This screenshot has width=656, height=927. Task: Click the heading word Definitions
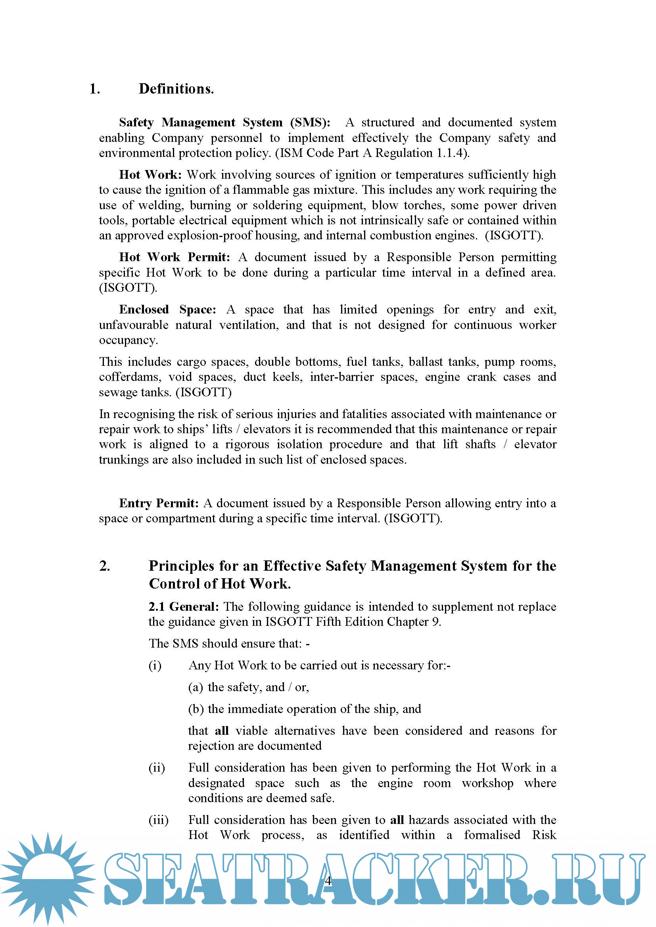coord(176,89)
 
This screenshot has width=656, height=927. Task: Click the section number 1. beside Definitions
coord(95,89)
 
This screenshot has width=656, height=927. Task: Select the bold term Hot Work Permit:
coord(175,257)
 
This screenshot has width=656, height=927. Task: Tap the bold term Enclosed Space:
coord(168,310)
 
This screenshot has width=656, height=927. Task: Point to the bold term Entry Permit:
coord(159,503)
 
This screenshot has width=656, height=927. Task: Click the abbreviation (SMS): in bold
coord(310,122)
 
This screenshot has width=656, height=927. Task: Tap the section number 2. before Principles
coord(105,566)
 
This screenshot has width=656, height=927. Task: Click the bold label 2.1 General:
coord(183,606)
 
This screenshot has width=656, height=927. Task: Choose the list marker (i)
coord(155,665)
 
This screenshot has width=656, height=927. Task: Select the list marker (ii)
coord(157,768)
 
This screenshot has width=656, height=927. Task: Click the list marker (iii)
coord(158,820)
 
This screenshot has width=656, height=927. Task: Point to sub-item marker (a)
coord(196,687)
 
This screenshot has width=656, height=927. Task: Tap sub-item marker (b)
coord(196,709)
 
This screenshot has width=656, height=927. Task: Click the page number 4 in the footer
coord(328,881)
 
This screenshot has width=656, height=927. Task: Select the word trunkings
coord(124,460)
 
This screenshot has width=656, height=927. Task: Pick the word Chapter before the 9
coord(408,622)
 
